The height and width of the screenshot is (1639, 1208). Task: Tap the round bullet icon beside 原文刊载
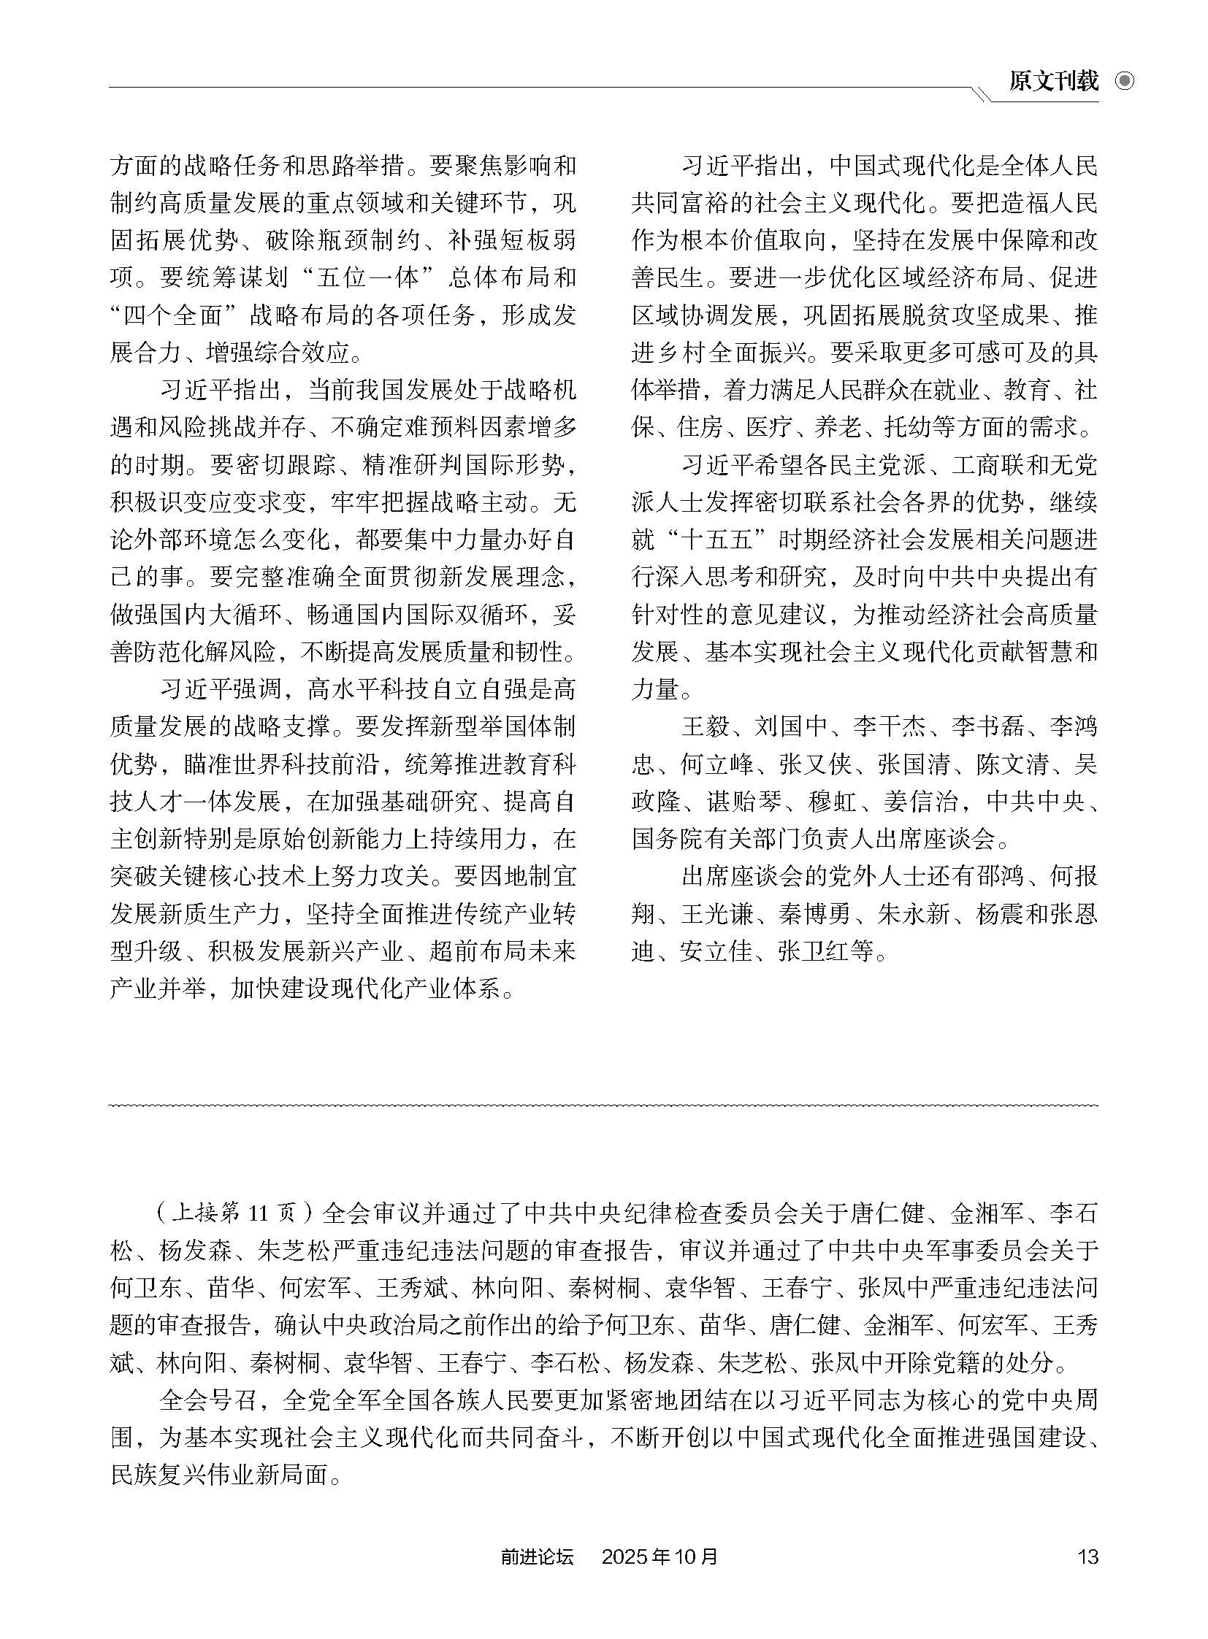tap(1125, 81)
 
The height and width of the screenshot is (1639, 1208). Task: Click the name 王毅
tap(705, 726)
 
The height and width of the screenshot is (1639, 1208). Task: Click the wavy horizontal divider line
tap(603, 1106)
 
